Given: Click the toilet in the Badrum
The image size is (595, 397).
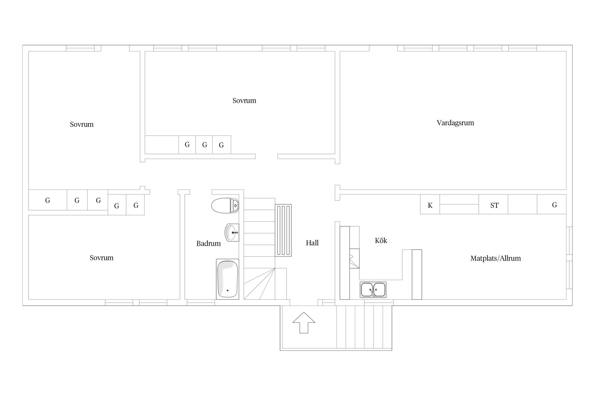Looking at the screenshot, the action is pos(225,205).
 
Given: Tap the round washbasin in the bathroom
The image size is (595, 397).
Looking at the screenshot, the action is pos(232,232).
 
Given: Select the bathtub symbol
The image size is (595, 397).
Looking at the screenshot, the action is pos(227,279).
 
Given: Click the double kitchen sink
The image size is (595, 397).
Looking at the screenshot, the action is pos(373,290).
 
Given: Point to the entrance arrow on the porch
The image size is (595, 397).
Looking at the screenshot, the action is pos(304,323).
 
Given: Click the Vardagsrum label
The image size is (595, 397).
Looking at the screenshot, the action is pos(455,123).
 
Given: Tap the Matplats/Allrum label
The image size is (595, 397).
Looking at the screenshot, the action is pos(496,258).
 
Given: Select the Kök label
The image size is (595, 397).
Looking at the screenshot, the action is pos(381,240).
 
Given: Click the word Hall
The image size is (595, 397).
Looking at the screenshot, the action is pos(312,243).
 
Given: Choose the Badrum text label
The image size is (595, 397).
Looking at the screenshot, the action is pos(209,243).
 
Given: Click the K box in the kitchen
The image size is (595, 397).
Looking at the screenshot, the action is pos(430,204).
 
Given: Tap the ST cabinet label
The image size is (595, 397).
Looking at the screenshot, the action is pos(494,205).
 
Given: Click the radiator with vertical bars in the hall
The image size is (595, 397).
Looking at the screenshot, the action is pos(283,230).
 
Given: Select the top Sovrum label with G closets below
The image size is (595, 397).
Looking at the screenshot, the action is pos(244,100).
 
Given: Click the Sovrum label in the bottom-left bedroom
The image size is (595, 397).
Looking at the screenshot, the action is pos(101,258).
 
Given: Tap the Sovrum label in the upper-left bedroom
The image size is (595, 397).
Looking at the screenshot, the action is pos(82,124).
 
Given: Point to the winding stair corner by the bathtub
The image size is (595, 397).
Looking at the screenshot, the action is pos(259,284).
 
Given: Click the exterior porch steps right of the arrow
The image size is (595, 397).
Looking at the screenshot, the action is pos(364,327).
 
